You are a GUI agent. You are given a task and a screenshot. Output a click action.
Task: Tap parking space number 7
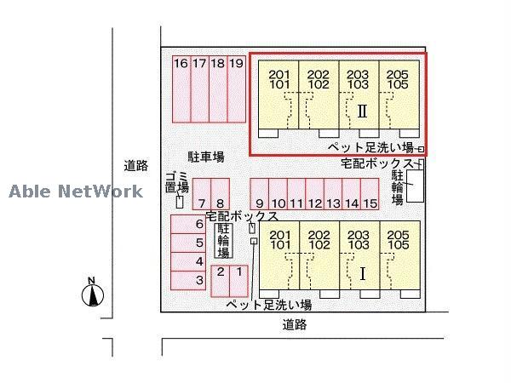point(201,194)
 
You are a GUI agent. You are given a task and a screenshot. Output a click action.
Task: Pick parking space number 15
point(370,195)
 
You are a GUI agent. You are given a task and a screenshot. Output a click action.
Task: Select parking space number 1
point(239,280)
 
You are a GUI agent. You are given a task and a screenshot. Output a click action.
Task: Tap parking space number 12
point(314,195)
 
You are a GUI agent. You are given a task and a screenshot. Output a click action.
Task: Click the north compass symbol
point(93,294)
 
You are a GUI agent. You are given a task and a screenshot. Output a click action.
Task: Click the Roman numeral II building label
point(362,111)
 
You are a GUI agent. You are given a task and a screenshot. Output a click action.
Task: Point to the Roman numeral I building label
point(363,273)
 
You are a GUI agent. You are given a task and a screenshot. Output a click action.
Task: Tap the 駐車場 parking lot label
point(206,157)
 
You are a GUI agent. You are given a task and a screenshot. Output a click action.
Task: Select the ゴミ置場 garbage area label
point(175,181)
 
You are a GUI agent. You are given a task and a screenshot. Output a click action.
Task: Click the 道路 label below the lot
point(295,324)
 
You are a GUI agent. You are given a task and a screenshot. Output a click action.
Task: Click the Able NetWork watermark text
point(77,191)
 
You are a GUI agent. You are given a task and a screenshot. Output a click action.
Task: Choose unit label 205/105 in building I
point(398,240)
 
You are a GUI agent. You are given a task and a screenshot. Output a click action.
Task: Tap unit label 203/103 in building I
point(358,240)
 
